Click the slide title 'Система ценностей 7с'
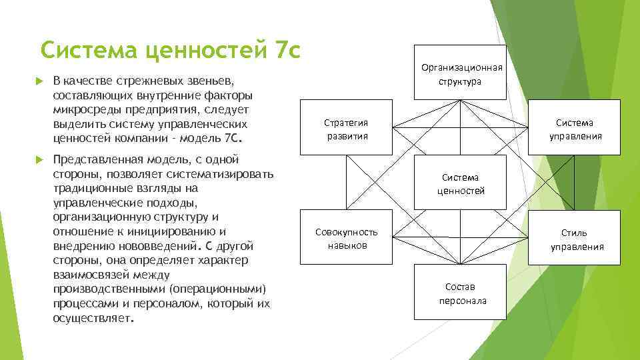coord(170,50)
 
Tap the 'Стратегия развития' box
coord(346,129)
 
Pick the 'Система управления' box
coord(575,129)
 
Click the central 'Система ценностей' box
coord(461,183)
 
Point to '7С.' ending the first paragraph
coord(236,139)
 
